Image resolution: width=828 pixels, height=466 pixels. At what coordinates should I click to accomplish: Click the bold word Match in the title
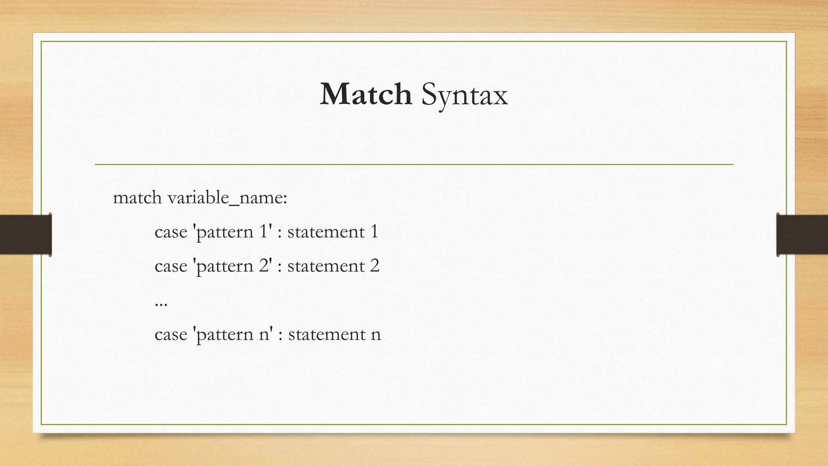coord(365,94)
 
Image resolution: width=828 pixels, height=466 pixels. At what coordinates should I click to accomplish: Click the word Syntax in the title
coord(464,95)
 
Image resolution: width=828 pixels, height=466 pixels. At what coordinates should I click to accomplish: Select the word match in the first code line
coord(137,198)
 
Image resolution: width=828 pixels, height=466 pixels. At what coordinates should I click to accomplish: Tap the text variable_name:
coord(227,198)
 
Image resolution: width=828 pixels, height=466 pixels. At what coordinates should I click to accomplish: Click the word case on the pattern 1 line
coord(171,232)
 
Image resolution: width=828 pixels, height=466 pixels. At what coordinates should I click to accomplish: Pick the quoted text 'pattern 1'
coord(233,232)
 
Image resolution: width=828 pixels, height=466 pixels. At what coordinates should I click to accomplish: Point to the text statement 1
coord(333,232)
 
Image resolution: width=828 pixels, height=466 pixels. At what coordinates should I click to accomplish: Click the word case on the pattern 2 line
coord(171,266)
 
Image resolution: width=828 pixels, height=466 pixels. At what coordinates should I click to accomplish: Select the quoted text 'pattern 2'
coord(233,266)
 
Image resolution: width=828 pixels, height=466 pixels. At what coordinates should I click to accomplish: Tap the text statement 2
coord(333,266)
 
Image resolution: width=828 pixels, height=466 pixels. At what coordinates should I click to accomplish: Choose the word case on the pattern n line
coord(171,335)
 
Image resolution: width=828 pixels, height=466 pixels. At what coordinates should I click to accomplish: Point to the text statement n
coord(334,335)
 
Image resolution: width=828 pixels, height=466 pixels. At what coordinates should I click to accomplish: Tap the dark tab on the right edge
coord(802,235)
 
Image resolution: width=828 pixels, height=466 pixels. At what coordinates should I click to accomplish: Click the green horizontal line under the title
coord(414,165)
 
